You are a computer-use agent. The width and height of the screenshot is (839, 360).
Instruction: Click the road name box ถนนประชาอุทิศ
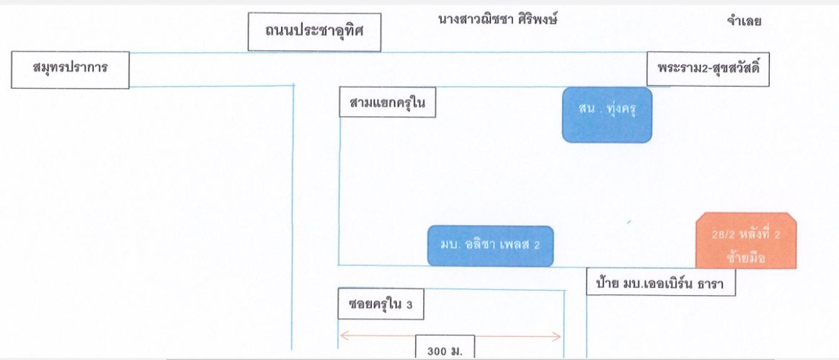point(315,32)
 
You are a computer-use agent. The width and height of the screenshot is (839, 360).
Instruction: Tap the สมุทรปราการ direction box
point(71,70)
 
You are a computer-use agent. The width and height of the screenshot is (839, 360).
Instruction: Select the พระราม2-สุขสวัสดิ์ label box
point(708,69)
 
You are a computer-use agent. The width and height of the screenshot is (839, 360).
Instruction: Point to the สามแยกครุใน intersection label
point(387,102)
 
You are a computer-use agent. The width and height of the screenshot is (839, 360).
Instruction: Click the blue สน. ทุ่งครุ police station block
point(607,115)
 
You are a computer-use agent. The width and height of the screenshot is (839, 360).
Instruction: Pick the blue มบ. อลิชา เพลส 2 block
point(490,246)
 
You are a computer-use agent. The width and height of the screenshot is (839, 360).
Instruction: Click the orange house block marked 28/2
point(746,240)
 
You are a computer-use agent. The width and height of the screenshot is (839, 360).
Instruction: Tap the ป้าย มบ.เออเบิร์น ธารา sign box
point(661,282)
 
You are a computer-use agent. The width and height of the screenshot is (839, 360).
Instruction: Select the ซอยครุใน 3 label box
point(381,304)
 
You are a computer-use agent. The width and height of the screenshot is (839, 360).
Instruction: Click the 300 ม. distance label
point(445,347)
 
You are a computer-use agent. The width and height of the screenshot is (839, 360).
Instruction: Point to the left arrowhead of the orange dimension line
point(340,336)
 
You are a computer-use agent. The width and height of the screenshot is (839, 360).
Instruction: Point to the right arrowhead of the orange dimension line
point(560,336)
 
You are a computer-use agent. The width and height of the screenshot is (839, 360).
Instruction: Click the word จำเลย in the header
point(744,20)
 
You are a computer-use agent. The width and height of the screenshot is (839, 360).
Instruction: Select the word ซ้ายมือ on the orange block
point(746,258)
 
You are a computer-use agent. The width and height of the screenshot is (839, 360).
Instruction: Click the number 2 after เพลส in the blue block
point(537,245)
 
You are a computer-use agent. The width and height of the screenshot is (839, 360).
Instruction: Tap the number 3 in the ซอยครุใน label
point(409,305)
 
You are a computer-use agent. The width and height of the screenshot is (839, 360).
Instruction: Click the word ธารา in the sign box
point(710,284)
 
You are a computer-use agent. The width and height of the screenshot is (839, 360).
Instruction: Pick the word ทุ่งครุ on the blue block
point(622,108)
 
